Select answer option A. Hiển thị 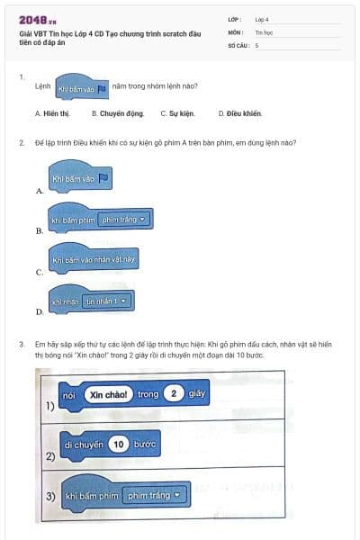pyautogui.click(x=53, y=114)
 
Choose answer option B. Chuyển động pyautogui.click(x=117, y=114)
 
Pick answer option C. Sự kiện pyautogui.click(x=176, y=114)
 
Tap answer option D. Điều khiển pyautogui.click(x=239, y=114)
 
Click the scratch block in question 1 pyautogui.click(x=82, y=89)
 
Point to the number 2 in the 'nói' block pyautogui.click(x=174, y=394)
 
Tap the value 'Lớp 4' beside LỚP pyautogui.click(x=262, y=18)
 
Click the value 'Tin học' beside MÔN pyautogui.click(x=264, y=31)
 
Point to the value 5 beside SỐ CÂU pyautogui.click(x=256, y=44)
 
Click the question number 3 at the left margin pyautogui.click(x=21, y=344)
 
